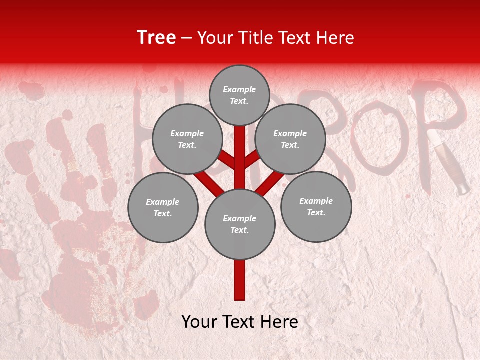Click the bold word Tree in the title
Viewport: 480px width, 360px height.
pos(156,38)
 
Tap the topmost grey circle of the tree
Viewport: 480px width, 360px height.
pos(239,95)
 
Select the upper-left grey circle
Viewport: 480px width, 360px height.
pos(187,139)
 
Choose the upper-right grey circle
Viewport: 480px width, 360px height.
pos(290,139)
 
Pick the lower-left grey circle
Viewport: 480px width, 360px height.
pos(163,207)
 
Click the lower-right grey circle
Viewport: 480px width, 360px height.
pos(316,206)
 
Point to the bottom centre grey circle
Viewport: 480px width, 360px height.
pos(240,224)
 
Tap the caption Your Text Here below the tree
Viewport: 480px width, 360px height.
pos(240,322)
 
